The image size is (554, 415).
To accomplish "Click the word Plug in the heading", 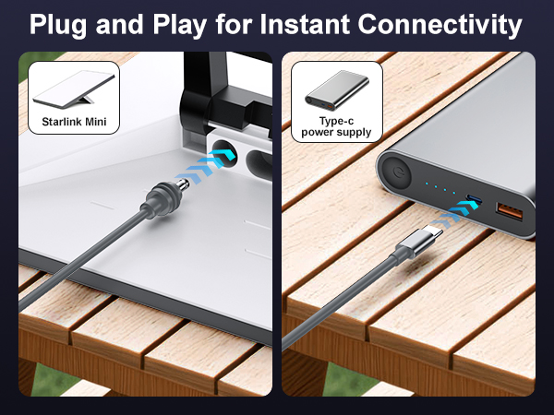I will [x=62, y=25].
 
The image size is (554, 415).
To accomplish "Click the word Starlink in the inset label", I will [x=62, y=120].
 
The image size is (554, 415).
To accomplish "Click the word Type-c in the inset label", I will [x=336, y=119].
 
